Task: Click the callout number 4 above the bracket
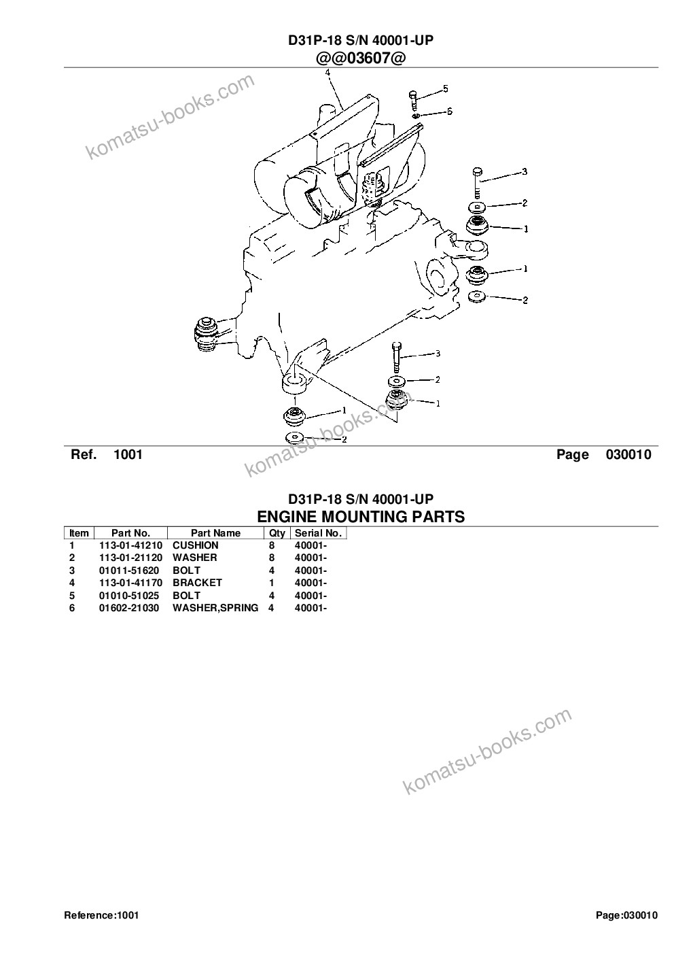[327, 72]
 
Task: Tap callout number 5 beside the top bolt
[445, 88]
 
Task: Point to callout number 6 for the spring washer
[449, 111]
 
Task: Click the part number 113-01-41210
[130, 545]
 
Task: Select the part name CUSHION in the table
[195, 545]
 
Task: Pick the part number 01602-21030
[129, 608]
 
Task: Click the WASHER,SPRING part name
[215, 608]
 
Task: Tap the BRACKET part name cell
[197, 583]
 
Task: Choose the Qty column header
[277, 533]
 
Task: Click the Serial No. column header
[318, 533]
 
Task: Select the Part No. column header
[130, 533]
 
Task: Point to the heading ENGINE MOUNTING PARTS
[361, 517]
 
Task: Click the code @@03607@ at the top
[360, 58]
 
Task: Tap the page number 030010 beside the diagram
[628, 454]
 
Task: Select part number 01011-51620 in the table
[129, 570]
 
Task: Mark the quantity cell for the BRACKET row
[272, 583]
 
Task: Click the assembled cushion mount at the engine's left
[206, 335]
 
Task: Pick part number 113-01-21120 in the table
[130, 558]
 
